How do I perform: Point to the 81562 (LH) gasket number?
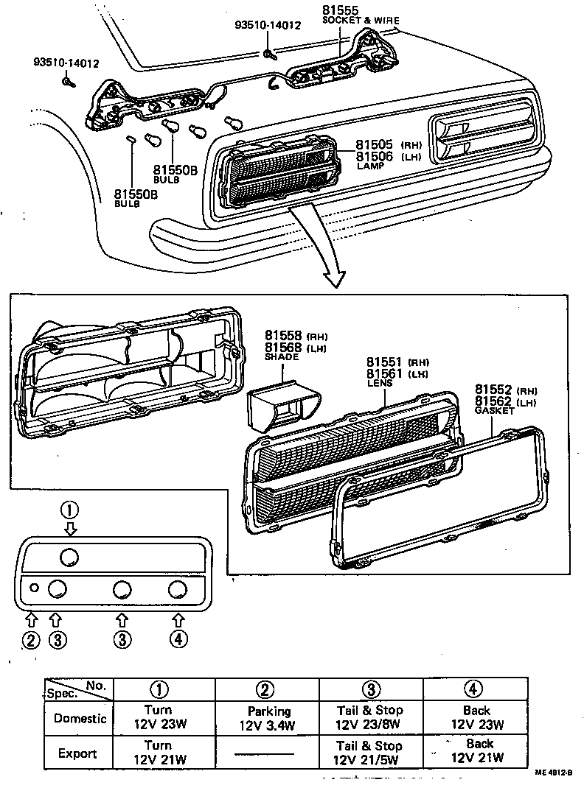493,401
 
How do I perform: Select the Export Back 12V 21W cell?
478,751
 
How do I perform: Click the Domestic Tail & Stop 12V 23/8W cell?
370,717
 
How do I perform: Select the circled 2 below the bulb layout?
29,639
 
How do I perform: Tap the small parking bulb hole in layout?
34,588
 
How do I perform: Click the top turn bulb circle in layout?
69,556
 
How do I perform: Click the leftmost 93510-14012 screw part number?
66,63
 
